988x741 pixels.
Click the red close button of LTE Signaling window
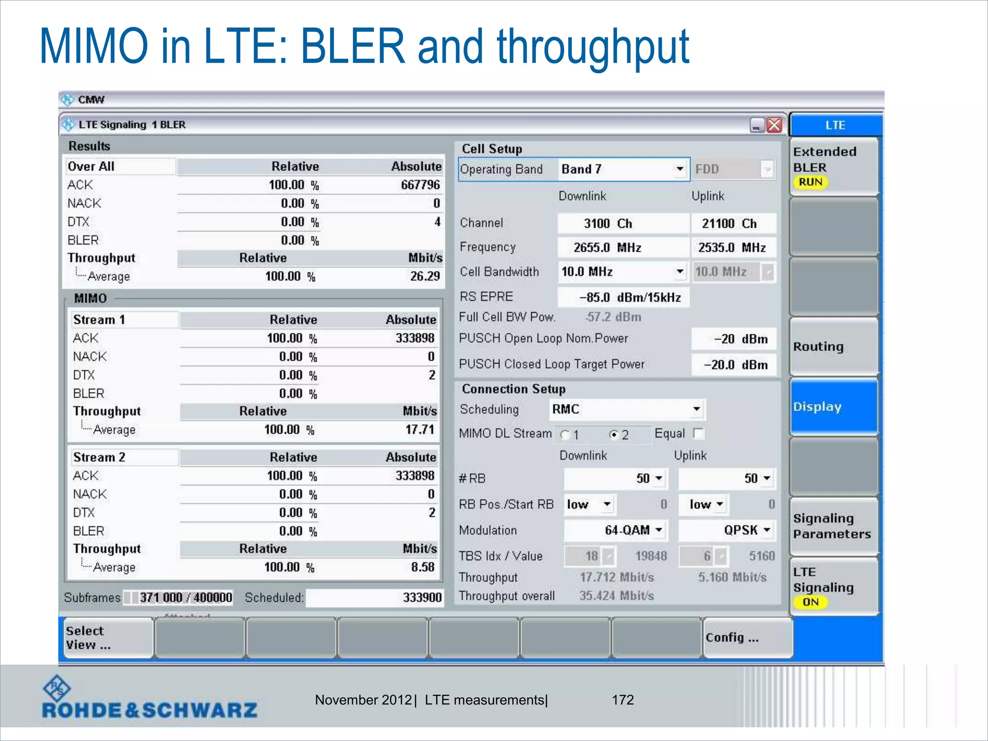(x=774, y=125)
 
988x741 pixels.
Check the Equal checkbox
(x=698, y=434)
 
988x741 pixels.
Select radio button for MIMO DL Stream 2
(x=614, y=435)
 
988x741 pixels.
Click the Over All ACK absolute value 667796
(x=420, y=185)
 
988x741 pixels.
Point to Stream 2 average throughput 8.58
(x=423, y=567)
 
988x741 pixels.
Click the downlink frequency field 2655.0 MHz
(x=623, y=248)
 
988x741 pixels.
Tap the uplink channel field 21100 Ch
(x=733, y=224)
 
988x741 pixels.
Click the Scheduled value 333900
(x=422, y=598)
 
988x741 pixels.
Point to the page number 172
(x=622, y=700)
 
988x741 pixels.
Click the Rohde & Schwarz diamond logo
(x=57, y=689)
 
